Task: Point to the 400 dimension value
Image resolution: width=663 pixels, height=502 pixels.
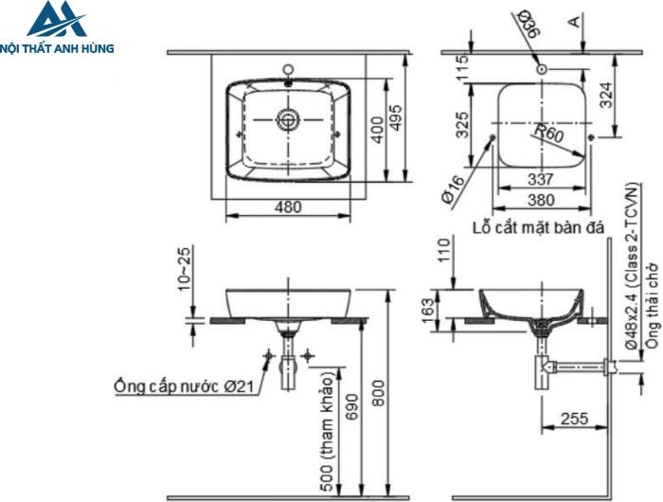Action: [x=377, y=129]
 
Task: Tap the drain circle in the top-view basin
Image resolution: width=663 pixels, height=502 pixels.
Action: [x=288, y=119]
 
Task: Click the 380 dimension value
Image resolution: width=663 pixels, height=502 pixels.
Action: [x=540, y=200]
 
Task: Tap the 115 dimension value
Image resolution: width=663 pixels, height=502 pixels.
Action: [x=463, y=68]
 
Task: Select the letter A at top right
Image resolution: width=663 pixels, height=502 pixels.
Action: [x=575, y=21]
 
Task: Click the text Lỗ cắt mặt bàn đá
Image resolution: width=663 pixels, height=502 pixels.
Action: [x=537, y=227]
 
